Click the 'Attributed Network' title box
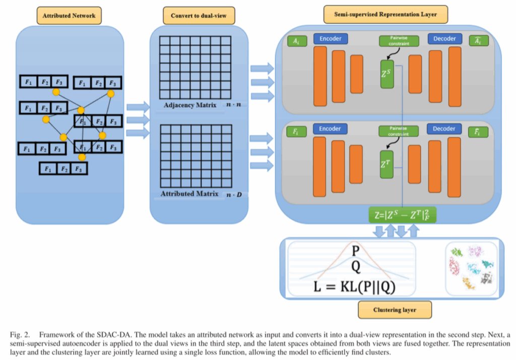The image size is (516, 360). point(69,16)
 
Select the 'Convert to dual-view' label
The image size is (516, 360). point(199,16)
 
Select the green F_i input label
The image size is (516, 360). point(294,132)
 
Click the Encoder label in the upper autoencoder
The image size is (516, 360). point(331,39)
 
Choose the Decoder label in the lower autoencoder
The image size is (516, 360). point(444,129)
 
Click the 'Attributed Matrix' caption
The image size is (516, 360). point(189,194)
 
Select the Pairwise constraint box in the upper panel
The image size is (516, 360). point(396,41)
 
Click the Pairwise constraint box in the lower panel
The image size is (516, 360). point(395,131)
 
